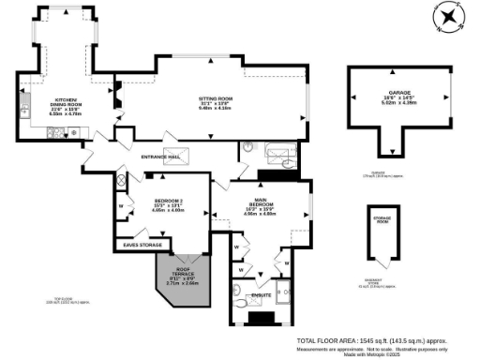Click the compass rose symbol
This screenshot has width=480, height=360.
point(449,18)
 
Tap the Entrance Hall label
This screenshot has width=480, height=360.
point(160,157)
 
